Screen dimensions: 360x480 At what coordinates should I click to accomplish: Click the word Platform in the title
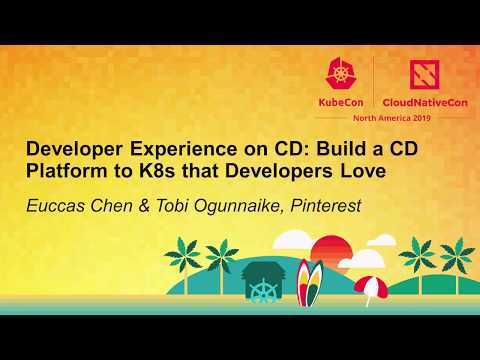tap(62, 171)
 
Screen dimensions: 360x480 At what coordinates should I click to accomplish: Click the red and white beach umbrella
tap(370, 286)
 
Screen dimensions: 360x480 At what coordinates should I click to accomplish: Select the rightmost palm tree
tap(458, 255)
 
